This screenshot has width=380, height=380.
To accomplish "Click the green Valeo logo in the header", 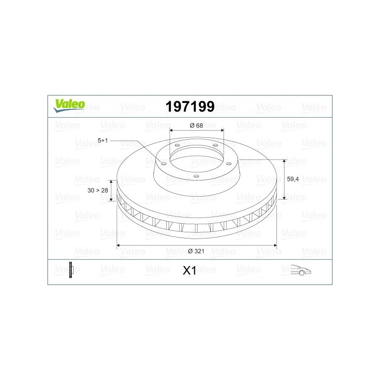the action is (x=69, y=105).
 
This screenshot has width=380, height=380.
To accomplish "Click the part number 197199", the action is (x=190, y=106).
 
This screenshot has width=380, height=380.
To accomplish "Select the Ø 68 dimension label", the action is (x=196, y=125).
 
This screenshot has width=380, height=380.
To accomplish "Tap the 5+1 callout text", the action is (x=103, y=141).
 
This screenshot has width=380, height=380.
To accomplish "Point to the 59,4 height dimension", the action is (x=293, y=179).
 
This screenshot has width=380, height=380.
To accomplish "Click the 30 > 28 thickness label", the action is (x=98, y=190).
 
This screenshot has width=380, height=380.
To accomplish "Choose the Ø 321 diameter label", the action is (x=196, y=251).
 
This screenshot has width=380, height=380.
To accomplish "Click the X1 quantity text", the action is (x=190, y=270).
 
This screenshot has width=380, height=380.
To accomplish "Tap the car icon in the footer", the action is (x=301, y=270).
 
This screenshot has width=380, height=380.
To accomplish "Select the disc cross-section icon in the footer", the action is (x=71, y=270).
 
